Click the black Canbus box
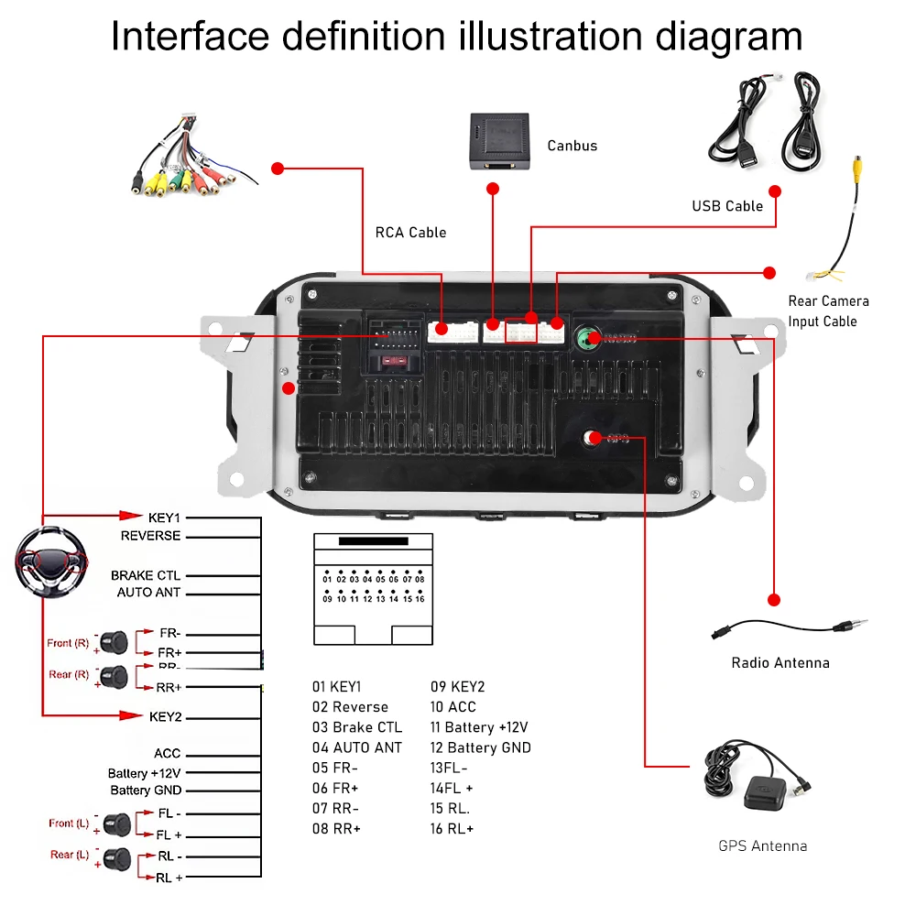pos(499,140)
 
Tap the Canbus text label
pos(572,146)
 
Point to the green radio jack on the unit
pos(584,338)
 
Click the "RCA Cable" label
pos(410,233)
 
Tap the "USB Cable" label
pos(727,206)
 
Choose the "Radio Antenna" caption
pos(780,662)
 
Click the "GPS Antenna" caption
pos(762,845)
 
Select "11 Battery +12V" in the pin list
pos(479,727)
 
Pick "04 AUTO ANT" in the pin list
pos(356,747)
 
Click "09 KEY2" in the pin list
pos(457,687)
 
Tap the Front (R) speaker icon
pos(115,642)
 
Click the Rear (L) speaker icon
pos(115,858)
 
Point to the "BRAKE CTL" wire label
pos(146,575)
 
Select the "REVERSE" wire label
pos(150,536)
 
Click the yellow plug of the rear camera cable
pos(858,169)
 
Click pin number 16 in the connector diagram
pos(420,599)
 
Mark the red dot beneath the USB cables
pos(775,191)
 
